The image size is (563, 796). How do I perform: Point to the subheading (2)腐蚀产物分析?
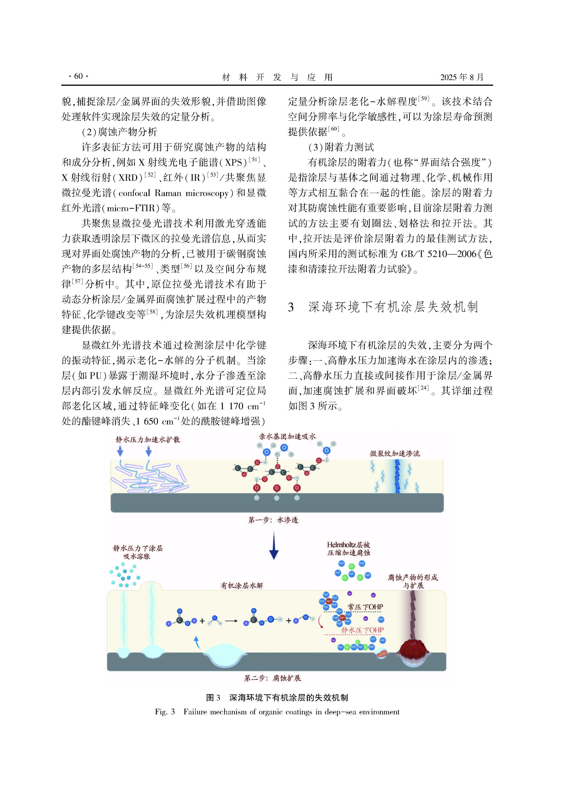119,132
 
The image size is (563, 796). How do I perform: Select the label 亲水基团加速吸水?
287,436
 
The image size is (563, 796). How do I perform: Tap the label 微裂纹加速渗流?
394,453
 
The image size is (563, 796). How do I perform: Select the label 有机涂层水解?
242,585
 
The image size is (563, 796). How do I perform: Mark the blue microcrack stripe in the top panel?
397,477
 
